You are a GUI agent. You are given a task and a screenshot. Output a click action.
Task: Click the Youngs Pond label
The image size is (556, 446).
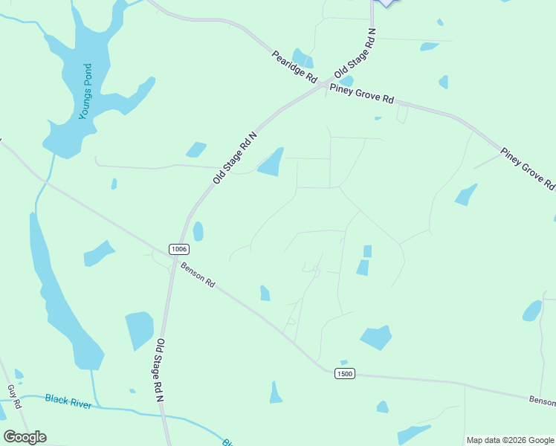pos(86,92)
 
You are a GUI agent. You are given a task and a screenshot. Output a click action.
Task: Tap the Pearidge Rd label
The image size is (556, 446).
pos(294,67)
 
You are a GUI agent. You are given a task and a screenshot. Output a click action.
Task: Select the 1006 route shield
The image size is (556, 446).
pos(177,248)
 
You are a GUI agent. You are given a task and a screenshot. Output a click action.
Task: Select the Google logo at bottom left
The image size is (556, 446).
pos(25,436)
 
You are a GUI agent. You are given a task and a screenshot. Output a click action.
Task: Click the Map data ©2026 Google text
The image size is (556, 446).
pos(510,440)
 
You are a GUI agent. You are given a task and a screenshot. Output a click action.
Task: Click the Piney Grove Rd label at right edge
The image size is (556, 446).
pos(527,167)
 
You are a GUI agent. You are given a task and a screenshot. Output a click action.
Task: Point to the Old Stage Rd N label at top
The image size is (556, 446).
pos(355,54)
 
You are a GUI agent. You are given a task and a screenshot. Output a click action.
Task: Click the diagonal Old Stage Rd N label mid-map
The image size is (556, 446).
pos(234,158)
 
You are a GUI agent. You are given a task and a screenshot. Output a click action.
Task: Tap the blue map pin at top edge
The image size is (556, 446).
pos(384,2)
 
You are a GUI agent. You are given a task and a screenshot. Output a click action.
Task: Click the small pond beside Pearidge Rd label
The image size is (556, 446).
pos(302,58)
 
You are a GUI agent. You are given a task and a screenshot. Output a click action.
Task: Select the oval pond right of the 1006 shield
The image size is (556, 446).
pos(198,231)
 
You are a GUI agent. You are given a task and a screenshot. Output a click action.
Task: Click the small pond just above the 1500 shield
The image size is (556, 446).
pos(343,362)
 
